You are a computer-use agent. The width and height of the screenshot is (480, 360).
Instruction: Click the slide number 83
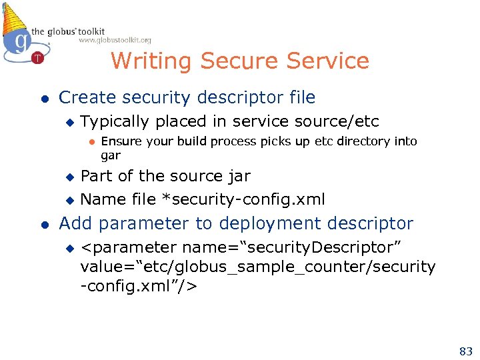465,351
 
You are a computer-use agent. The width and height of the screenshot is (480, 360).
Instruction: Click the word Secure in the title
239,61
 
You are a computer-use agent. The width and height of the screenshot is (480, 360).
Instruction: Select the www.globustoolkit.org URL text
115,40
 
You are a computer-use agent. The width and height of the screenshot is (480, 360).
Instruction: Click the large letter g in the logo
21,41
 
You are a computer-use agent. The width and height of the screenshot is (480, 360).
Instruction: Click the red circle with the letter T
37,57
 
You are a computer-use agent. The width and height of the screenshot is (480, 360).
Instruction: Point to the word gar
110,155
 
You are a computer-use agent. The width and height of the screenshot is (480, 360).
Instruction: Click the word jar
239,176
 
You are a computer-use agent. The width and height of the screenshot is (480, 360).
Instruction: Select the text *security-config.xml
239,199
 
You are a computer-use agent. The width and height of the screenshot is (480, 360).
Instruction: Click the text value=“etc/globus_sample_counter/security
257,267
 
